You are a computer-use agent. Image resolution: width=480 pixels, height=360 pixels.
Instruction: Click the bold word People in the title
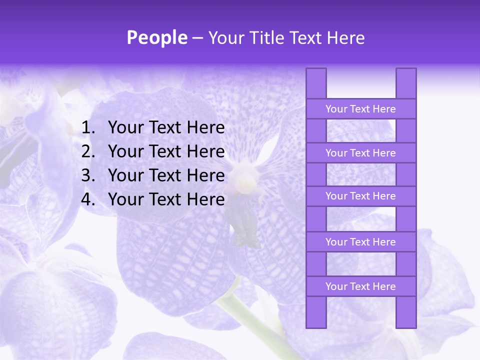pos(156,37)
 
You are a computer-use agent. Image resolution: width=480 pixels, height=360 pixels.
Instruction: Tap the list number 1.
pos(88,128)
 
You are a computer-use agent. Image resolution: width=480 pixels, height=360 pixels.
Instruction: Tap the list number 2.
pos(88,151)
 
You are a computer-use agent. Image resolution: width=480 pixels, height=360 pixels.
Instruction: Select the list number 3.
pos(88,175)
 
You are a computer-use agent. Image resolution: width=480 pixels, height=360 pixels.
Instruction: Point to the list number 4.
pos(88,199)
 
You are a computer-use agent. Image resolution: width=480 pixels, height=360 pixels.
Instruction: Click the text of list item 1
pos(166,128)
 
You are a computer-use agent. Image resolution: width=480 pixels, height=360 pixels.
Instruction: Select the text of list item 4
pos(166,199)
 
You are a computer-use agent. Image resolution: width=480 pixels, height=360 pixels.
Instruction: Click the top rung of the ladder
pos(360,109)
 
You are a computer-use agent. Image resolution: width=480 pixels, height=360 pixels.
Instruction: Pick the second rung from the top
pos(360,153)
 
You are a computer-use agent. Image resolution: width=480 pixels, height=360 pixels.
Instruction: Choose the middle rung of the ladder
pos(360,196)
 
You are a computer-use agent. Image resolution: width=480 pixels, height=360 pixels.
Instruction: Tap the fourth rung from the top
pos(360,242)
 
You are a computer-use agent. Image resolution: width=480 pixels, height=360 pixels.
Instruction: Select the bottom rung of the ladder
pos(360,286)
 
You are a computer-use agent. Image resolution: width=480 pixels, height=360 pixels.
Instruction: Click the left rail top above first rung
pos(316,83)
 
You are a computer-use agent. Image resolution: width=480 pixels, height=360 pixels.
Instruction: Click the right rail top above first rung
pos(406,83)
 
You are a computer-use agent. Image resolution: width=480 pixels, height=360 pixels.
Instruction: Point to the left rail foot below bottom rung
pos(316,312)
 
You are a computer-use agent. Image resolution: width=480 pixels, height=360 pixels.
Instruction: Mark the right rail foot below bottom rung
pos(406,312)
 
